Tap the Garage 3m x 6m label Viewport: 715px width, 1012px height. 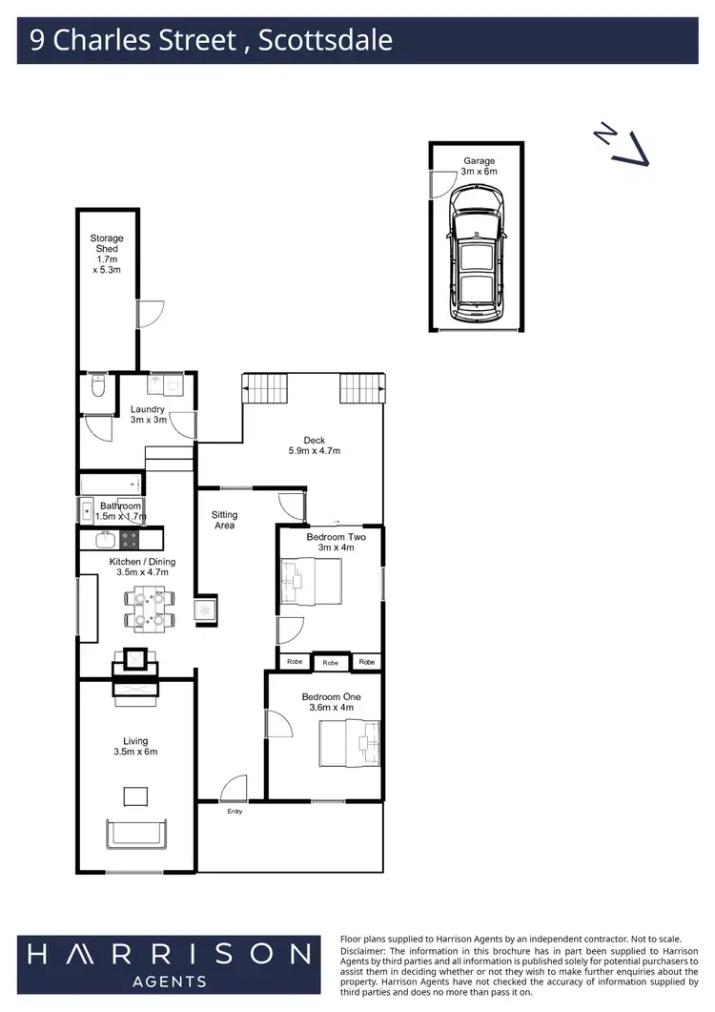coord(480,166)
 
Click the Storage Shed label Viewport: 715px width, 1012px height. coord(107,254)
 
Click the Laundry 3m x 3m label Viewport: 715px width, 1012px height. coord(148,414)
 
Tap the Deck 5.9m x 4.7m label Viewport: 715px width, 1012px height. coord(315,445)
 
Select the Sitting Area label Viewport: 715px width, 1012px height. coord(225,520)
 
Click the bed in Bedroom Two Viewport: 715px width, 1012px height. coord(311,582)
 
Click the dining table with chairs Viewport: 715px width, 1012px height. coord(150,609)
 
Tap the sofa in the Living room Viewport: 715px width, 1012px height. coord(135,835)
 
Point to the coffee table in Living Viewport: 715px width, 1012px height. coord(135,796)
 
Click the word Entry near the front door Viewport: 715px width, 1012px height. coord(235,812)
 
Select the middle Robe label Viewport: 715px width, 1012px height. coord(330,663)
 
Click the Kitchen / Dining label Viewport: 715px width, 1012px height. coord(142,567)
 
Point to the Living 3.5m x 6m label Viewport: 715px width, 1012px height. coord(135,746)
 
